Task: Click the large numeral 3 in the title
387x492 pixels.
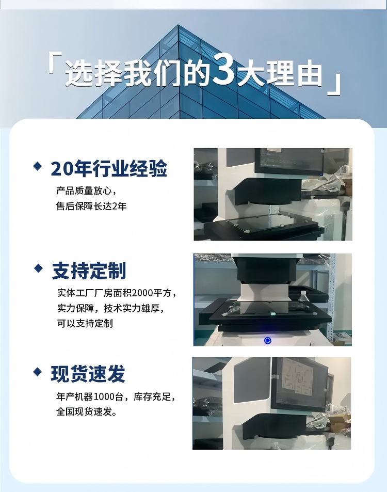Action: tap(223, 69)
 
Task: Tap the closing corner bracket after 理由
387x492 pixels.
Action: tap(334, 84)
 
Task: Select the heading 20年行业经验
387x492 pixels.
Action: tap(109, 168)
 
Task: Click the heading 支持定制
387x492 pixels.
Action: tap(89, 271)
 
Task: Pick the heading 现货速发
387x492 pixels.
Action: tap(88, 373)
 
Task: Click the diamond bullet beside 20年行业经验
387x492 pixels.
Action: tap(38, 166)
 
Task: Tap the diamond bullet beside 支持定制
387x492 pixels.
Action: tap(38, 268)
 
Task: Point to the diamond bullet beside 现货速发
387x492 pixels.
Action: tap(38, 372)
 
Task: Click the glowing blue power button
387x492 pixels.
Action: tap(267, 340)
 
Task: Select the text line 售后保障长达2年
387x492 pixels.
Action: tap(91, 206)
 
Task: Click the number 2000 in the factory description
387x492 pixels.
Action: tap(142, 293)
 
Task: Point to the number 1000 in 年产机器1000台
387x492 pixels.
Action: tap(104, 396)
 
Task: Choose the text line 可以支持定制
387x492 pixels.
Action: tap(85, 324)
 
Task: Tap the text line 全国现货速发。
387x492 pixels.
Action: tap(87, 411)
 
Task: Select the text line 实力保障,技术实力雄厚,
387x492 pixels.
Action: tap(111, 308)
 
